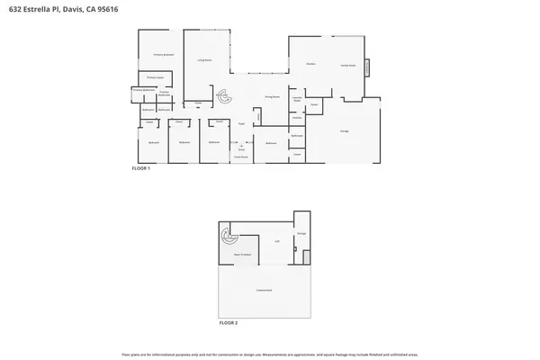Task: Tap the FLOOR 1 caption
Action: tap(140, 168)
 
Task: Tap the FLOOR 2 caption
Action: tap(229, 321)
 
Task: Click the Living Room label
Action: tap(204, 60)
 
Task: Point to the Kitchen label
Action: tap(310, 65)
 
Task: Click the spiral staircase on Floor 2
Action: tap(225, 238)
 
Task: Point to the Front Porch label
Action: tap(241, 157)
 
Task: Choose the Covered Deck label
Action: tap(264, 290)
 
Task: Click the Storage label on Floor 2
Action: tap(301, 234)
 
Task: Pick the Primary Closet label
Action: tap(153, 78)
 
